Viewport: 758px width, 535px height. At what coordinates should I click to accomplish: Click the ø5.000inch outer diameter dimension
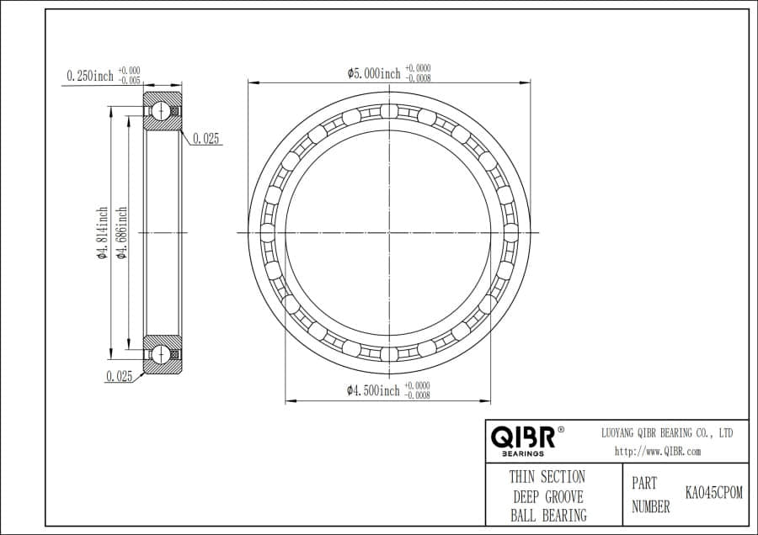[374, 73]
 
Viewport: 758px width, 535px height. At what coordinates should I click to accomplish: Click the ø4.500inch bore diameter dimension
[374, 390]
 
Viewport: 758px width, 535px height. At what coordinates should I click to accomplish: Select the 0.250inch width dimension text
[90, 76]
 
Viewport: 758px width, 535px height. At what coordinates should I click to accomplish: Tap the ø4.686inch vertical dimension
[122, 233]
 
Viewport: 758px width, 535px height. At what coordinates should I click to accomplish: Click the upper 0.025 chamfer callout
[206, 140]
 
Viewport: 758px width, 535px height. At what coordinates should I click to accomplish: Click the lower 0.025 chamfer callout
[120, 377]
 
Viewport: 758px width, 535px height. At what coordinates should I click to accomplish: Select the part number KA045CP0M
[714, 493]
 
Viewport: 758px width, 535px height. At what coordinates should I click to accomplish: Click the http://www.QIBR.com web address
[657, 451]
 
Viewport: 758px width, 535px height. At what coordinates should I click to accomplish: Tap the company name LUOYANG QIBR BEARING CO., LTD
[666, 432]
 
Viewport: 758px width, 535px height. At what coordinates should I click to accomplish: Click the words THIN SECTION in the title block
[547, 477]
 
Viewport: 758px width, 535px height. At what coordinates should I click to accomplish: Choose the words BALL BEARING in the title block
[547, 515]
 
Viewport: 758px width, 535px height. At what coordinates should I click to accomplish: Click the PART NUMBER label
[650, 495]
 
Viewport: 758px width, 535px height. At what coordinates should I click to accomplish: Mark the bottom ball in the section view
[160, 353]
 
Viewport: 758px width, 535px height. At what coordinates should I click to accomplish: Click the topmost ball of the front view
[388, 112]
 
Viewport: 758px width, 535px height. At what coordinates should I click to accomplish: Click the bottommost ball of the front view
[388, 352]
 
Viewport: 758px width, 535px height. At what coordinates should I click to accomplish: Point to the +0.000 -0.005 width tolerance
[129, 76]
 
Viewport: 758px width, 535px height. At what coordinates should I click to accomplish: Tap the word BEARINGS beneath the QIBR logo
[523, 453]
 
